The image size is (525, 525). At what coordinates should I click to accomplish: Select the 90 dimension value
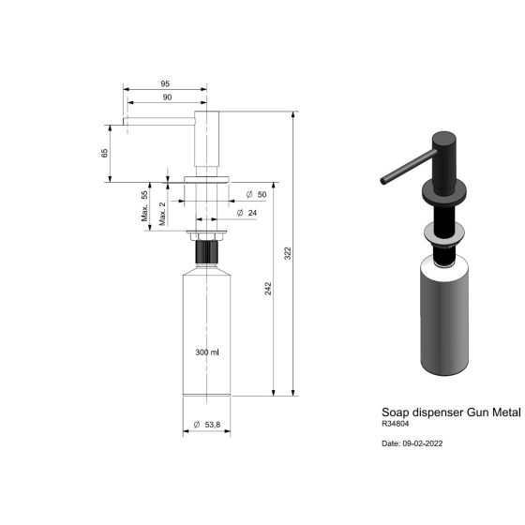(165, 97)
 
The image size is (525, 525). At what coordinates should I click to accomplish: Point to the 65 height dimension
(105, 151)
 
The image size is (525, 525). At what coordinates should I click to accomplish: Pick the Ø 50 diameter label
(256, 194)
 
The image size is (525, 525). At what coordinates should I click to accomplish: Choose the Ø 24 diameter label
(248, 214)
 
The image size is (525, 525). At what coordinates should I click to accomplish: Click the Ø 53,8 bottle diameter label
(206, 425)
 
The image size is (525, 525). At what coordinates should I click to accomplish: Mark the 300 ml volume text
(206, 352)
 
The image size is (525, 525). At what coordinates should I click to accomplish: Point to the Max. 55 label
(144, 203)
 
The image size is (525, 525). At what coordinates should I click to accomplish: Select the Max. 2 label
(162, 214)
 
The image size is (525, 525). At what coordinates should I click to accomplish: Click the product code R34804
(395, 424)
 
